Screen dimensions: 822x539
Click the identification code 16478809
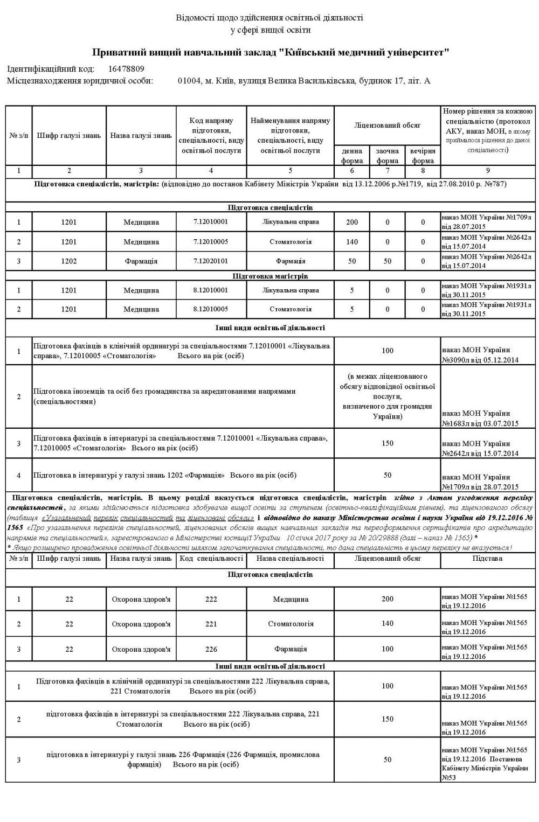click(x=126, y=69)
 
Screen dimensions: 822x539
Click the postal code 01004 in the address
click(x=187, y=81)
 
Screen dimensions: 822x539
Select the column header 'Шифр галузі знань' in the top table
click(x=69, y=135)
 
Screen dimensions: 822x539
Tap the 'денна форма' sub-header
click(x=352, y=155)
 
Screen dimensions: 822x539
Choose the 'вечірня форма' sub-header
click(x=423, y=155)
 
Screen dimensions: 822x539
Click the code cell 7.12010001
click(x=211, y=221)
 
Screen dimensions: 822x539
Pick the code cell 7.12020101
click(x=211, y=261)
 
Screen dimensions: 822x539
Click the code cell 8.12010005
click(x=211, y=309)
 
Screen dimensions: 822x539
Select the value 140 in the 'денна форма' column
click(x=352, y=242)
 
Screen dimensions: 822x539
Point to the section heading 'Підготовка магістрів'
click(x=270, y=276)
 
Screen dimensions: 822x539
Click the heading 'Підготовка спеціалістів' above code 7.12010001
click(x=270, y=207)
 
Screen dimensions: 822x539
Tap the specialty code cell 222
click(x=211, y=598)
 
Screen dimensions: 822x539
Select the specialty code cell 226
click(x=211, y=649)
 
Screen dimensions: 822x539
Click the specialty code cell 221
click(x=211, y=624)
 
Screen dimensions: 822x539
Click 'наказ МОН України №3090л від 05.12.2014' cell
click(x=480, y=355)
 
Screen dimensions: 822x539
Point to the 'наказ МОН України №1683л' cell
click(x=480, y=418)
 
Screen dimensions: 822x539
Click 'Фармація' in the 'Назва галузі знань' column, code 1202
click(x=141, y=261)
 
